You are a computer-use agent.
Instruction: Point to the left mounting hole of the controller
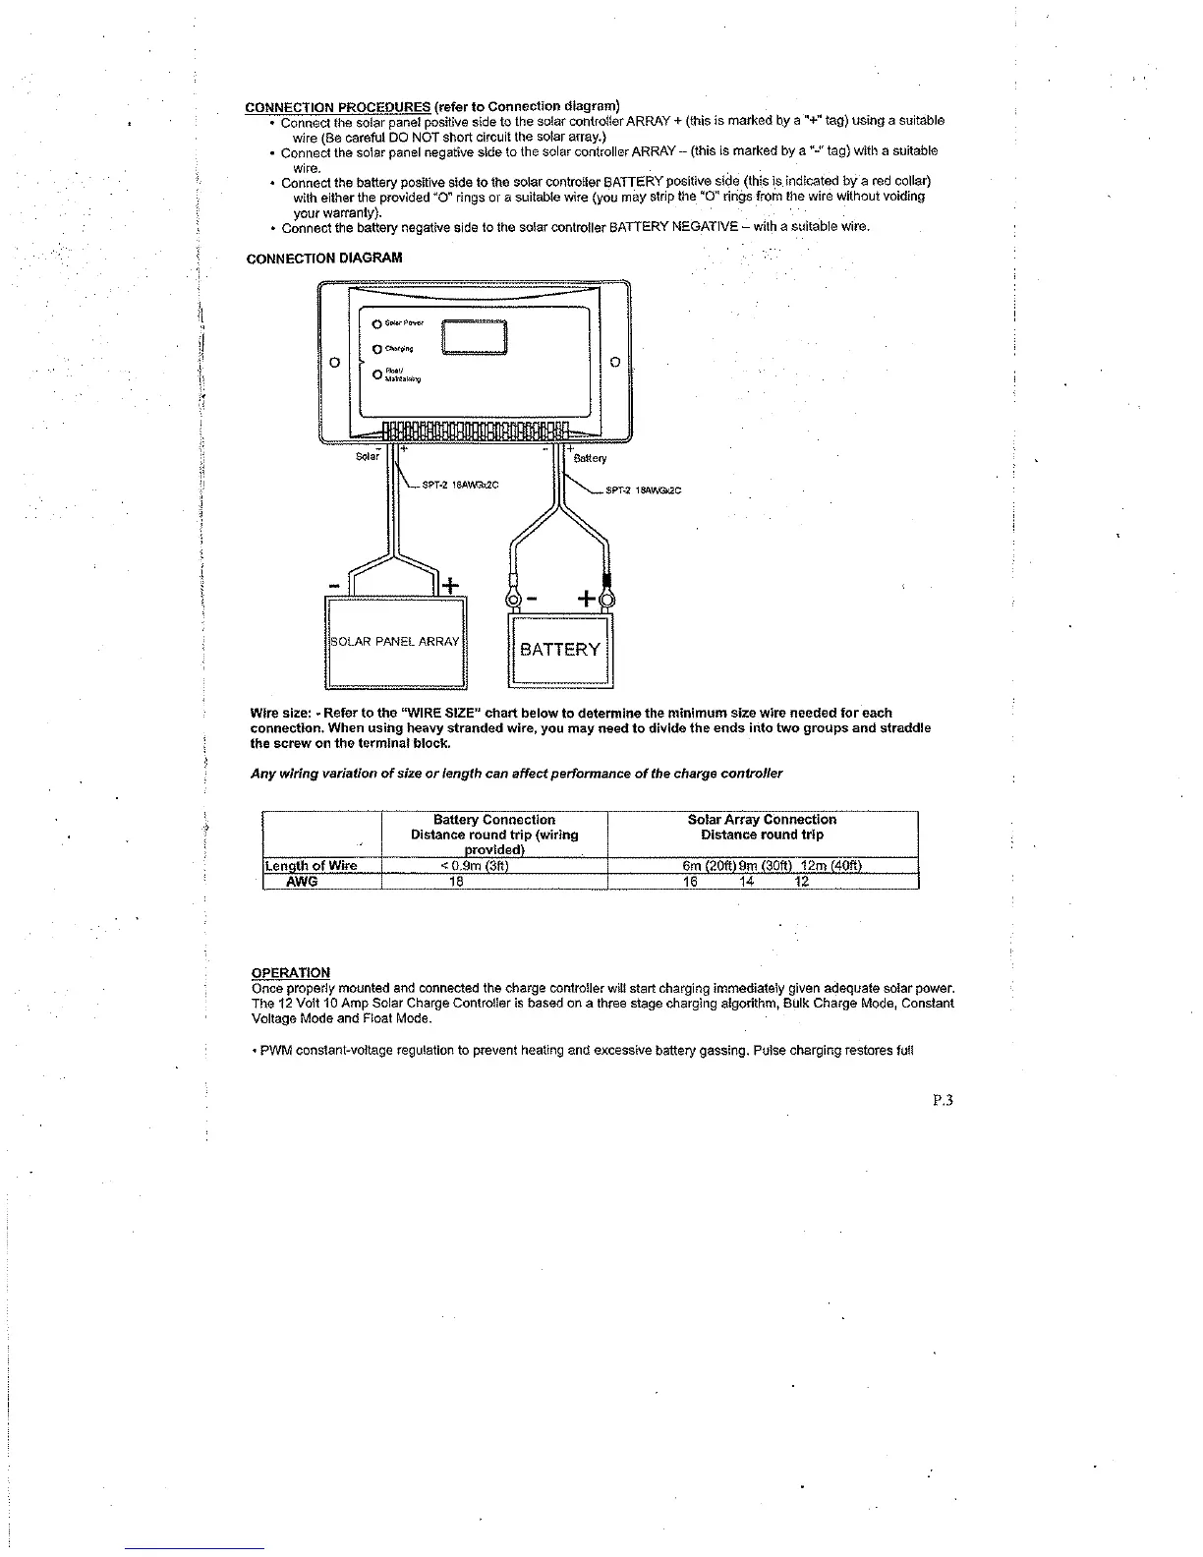point(334,362)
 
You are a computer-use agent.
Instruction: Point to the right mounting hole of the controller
point(614,362)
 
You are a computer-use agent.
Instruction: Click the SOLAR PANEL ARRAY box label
point(395,642)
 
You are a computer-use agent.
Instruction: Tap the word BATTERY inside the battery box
point(559,650)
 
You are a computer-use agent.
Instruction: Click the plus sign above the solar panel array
point(449,587)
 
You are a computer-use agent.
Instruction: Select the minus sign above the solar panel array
point(335,587)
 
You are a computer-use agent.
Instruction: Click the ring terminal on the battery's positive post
point(606,599)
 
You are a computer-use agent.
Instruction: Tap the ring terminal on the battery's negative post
point(510,599)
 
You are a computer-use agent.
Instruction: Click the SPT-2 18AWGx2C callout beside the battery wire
point(644,490)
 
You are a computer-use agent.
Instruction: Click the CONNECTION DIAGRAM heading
point(310,259)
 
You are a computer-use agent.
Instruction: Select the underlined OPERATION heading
point(291,973)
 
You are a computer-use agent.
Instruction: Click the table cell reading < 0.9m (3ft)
point(475,866)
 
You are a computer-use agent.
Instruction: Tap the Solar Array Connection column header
point(762,820)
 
